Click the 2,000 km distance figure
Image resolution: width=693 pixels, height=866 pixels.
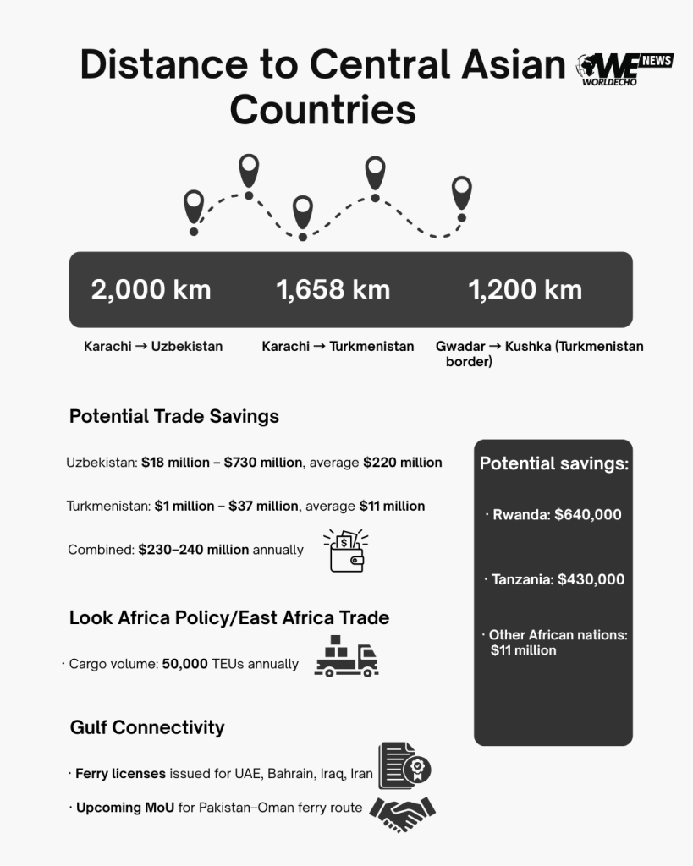pos(151,290)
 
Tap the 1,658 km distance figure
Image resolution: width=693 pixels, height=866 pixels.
pos(333,290)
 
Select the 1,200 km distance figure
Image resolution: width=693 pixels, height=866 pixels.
pos(525,290)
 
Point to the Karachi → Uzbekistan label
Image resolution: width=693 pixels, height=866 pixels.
pos(153,346)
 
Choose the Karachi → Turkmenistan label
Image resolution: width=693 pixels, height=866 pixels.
pos(338,346)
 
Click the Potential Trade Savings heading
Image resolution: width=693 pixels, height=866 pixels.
pos(173,416)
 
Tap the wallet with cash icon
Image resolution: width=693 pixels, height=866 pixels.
pos(346,551)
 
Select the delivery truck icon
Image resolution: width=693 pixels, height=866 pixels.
pos(346,656)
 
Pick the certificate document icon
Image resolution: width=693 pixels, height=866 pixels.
pos(404,765)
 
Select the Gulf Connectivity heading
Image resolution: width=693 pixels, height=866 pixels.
pos(146,727)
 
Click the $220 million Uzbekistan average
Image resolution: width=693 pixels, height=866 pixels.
pos(402,463)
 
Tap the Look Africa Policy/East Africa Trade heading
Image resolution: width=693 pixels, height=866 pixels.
pos(228,617)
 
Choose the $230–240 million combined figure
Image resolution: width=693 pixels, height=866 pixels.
pos(194,550)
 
